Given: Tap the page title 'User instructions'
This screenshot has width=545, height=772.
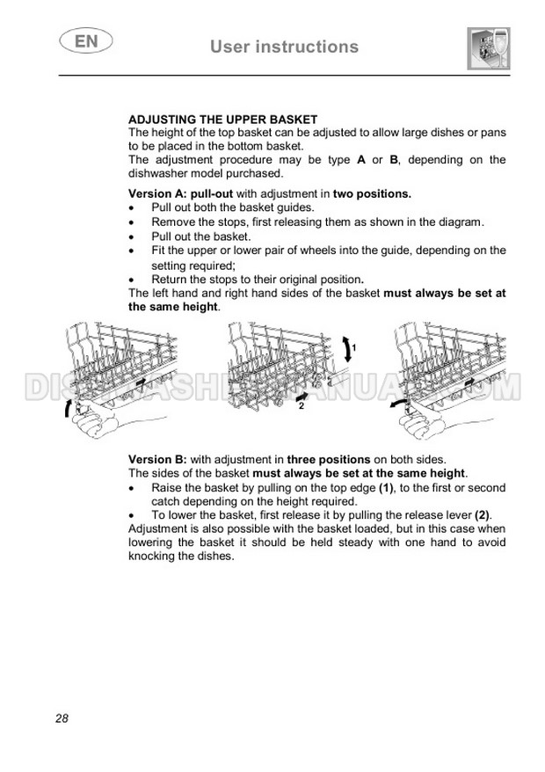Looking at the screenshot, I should tap(284, 47).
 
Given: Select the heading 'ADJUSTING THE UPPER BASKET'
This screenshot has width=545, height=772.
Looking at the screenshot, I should tap(222, 119).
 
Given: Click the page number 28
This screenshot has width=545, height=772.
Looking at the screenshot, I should tap(62, 718).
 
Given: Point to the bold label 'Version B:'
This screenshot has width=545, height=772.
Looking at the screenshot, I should tap(157, 459).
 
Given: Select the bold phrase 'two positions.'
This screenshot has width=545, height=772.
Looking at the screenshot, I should tap(372, 193).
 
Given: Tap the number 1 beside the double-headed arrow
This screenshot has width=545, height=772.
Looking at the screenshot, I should tap(352, 349).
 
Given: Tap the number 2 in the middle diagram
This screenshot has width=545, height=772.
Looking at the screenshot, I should tap(301, 407).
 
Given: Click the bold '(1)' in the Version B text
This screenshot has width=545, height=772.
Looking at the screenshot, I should tap(385, 487).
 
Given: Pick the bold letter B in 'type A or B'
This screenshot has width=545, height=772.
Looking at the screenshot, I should tap(394, 159).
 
